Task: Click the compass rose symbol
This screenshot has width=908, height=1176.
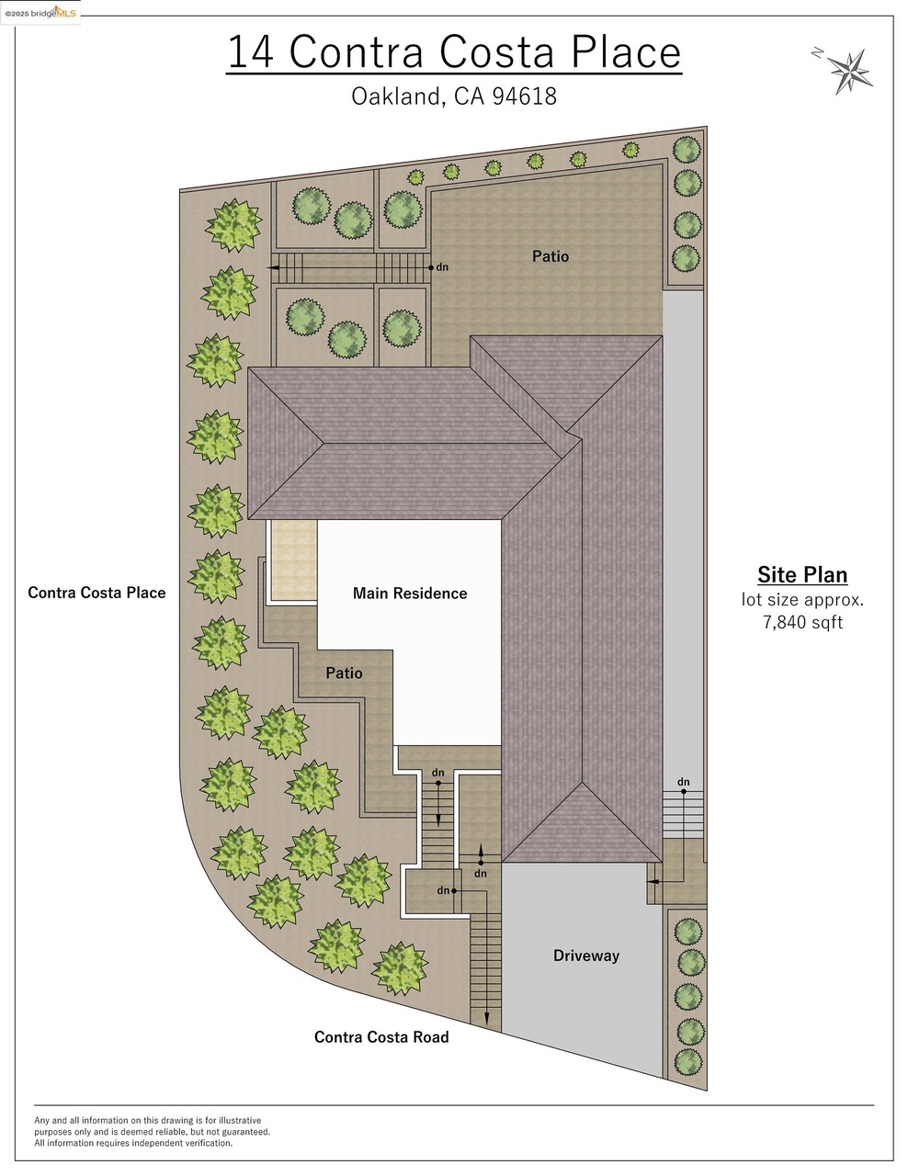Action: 849,72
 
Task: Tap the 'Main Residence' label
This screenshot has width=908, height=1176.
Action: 410,594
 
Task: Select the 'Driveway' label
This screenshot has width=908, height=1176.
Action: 586,955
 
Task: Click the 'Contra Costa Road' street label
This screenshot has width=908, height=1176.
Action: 381,1037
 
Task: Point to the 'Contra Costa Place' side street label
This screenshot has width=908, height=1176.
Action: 96,593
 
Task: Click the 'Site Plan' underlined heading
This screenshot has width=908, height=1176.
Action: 802,575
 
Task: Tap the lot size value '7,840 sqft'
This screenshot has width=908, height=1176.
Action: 803,622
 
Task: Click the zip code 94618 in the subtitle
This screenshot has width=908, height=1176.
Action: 525,96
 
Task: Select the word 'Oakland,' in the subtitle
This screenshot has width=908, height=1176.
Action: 399,96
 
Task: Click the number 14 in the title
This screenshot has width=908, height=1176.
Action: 251,52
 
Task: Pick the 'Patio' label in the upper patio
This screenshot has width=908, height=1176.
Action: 550,256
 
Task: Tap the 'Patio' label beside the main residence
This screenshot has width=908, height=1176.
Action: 344,673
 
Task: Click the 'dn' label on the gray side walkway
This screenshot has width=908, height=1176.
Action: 684,782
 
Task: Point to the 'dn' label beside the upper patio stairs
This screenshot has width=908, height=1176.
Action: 442,266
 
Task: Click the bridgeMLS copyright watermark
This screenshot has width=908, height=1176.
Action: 40,13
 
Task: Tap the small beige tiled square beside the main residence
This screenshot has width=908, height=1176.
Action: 294,560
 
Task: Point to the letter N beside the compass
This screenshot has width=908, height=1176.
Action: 817,52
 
